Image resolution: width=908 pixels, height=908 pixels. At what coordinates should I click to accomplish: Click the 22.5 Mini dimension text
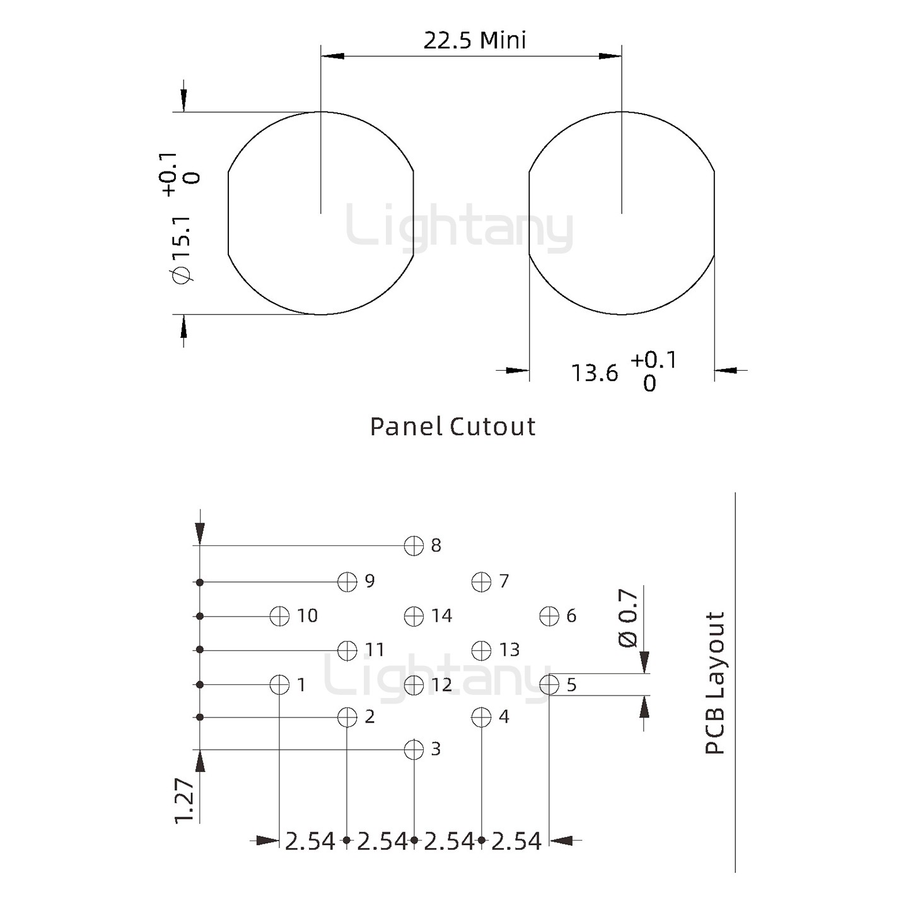(475, 40)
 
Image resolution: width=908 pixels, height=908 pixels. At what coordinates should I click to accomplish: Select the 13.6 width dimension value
(594, 373)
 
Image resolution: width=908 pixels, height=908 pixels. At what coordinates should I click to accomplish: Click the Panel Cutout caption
(453, 426)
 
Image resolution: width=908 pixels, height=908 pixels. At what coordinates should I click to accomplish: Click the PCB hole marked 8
(414, 545)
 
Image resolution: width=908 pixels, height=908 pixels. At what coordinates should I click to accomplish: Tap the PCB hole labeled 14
(414, 616)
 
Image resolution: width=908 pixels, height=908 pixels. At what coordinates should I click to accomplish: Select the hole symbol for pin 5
(549, 685)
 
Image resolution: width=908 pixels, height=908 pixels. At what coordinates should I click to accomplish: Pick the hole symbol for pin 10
(279, 616)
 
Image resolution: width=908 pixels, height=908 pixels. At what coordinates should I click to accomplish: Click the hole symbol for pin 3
(414, 750)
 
